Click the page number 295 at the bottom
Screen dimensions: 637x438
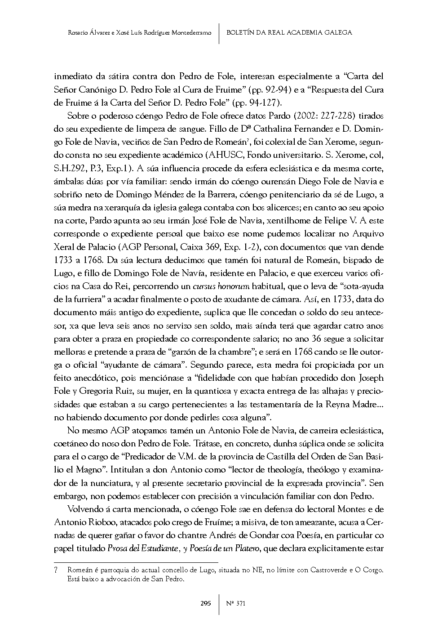(x=205, y=603)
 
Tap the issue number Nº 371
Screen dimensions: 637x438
(x=235, y=603)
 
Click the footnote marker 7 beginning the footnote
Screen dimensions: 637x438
(x=56, y=570)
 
